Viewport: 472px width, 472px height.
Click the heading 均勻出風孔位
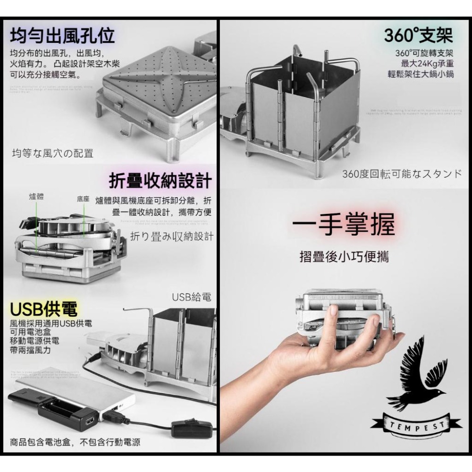pos(62,35)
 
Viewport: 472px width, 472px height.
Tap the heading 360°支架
pos(418,35)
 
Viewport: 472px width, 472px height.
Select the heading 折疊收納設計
pos(160,180)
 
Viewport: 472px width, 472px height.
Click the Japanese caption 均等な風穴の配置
pos(52,153)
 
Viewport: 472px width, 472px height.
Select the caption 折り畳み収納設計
pos(171,236)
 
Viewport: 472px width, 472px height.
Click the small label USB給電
pos(191,297)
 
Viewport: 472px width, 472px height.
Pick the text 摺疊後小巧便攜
pos(344,258)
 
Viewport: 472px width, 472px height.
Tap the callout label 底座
pos(83,199)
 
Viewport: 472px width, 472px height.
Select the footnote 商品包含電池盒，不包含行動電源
pos(75,443)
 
